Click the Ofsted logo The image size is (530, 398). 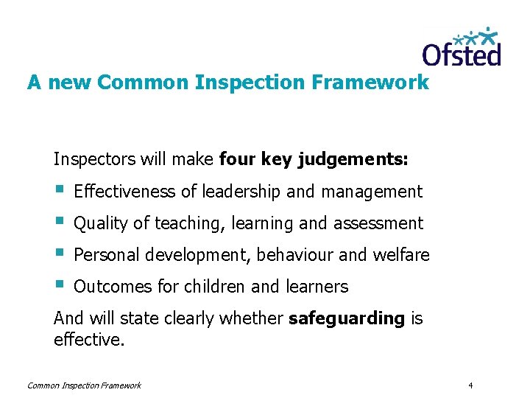point(462,47)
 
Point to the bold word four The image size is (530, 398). point(236,158)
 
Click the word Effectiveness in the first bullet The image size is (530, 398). point(125,192)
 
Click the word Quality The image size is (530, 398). point(101,223)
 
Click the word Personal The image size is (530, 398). point(107,255)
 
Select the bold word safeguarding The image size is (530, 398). point(347,318)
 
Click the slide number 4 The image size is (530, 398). point(470,385)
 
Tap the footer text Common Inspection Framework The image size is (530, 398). point(84,385)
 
